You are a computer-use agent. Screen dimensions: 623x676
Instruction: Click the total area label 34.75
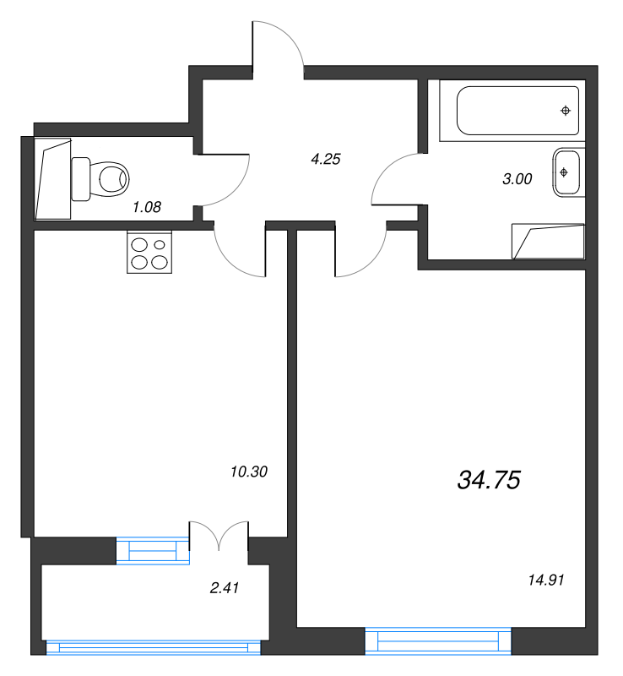489,480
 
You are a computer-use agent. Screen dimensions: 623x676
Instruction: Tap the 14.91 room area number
546,580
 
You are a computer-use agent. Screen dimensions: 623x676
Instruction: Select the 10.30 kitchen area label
249,472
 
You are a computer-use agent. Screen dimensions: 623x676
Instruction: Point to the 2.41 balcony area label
224,587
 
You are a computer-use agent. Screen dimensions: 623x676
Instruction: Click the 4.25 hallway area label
326,159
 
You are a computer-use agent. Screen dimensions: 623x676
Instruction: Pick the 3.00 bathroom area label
517,178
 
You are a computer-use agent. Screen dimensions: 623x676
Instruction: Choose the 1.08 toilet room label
147,207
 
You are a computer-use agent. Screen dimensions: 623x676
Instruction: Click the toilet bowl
100,179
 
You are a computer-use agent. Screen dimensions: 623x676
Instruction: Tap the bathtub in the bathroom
517,111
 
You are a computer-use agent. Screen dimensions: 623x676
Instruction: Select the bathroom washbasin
566,172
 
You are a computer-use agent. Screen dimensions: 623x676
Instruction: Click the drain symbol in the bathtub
566,111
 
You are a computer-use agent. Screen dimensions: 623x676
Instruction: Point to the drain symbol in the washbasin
564,172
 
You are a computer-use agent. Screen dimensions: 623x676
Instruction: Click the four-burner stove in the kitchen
149,252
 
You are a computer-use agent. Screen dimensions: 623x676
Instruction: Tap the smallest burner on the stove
160,245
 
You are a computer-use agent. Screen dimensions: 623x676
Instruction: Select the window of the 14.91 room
438,641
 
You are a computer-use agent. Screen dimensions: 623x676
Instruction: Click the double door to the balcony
219,536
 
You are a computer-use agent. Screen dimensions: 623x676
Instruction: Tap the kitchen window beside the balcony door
153,551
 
